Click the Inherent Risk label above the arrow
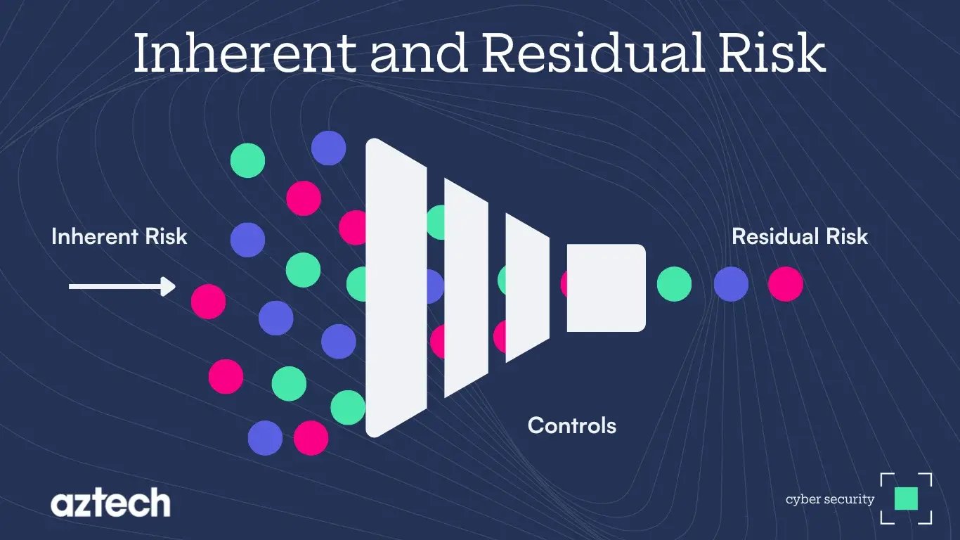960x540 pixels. [x=119, y=236]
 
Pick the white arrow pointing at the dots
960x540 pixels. [x=122, y=286]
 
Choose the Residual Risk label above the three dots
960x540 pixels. [x=800, y=236]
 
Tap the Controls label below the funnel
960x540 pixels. [x=571, y=425]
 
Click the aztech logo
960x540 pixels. [x=110, y=503]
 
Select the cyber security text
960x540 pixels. [x=830, y=500]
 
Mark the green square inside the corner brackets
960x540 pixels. [x=907, y=499]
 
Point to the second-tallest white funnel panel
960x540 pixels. [x=466, y=288]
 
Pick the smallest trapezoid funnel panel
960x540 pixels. [x=526, y=288]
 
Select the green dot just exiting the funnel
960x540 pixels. [x=674, y=285]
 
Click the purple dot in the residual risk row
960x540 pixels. [x=731, y=285]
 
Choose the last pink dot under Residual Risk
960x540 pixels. [x=785, y=285]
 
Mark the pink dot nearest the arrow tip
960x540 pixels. [x=209, y=302]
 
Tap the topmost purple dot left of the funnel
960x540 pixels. [x=328, y=148]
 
